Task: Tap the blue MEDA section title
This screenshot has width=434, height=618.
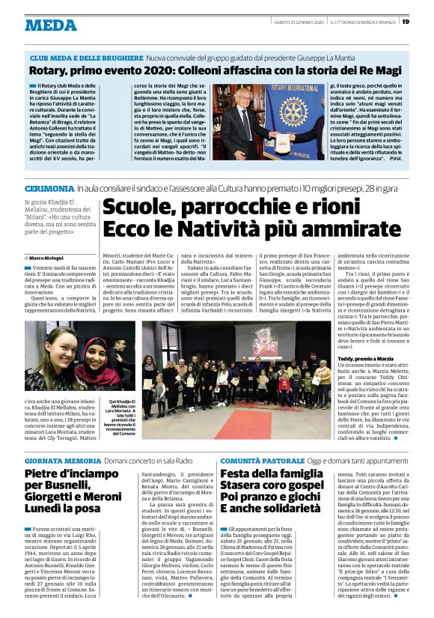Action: point(51,25)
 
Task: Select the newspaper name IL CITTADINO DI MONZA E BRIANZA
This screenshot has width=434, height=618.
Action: point(364,22)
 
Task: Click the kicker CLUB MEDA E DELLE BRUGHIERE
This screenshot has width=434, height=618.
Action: point(85,57)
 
